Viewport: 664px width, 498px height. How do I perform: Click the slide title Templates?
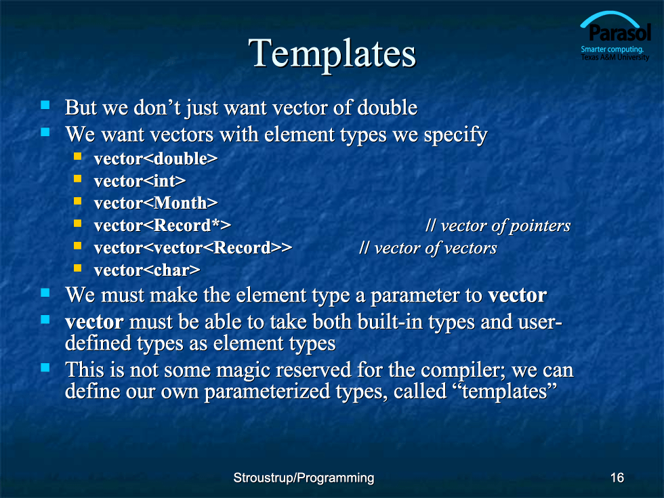(x=332, y=54)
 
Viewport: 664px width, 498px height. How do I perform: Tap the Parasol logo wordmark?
(x=619, y=33)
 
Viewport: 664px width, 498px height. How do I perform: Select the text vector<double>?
(x=156, y=159)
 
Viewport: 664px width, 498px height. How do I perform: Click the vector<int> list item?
(x=140, y=181)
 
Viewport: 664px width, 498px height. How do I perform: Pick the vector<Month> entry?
(x=156, y=203)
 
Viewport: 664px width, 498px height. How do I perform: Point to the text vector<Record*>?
(x=163, y=225)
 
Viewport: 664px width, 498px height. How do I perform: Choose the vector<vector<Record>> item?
(x=193, y=248)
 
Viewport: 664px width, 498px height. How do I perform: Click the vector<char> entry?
(x=147, y=270)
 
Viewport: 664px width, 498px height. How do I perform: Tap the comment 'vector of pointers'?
(x=498, y=226)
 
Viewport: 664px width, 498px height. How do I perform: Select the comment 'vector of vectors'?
(x=428, y=248)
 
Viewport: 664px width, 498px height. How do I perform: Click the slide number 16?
(x=617, y=478)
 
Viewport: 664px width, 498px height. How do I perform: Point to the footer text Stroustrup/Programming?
(x=304, y=478)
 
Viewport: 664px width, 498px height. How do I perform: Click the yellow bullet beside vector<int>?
(x=77, y=179)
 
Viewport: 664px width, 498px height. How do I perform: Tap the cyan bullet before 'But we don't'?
(x=45, y=104)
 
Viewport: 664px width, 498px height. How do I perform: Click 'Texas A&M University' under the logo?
(x=615, y=57)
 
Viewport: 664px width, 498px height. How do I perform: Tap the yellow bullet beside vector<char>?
(x=77, y=268)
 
